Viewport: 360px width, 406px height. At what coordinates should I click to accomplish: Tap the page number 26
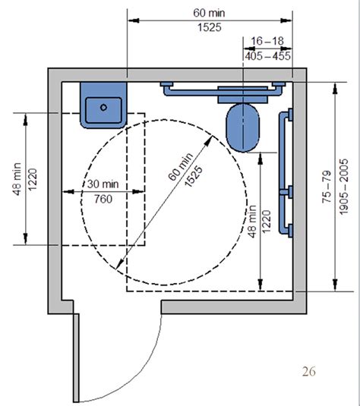[x=308, y=370]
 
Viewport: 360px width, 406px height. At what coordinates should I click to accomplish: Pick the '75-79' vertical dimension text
[x=324, y=187]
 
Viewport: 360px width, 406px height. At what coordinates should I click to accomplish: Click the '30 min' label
[x=101, y=184]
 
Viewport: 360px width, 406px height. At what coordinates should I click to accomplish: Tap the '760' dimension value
[x=101, y=199]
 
